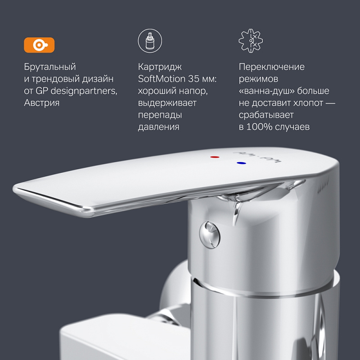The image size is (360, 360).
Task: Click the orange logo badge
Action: pyautogui.click(x=39, y=45)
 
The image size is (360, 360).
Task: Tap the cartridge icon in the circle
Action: pyautogui.click(x=149, y=41)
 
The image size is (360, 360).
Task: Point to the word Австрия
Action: pyautogui.click(x=41, y=103)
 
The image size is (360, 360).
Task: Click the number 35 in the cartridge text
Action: pyautogui.click(x=195, y=79)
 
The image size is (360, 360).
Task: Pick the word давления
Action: pyautogui.click(x=158, y=127)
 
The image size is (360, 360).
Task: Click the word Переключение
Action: pyautogui.click(x=271, y=67)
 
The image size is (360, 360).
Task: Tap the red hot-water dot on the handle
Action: pyautogui.click(x=214, y=157)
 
